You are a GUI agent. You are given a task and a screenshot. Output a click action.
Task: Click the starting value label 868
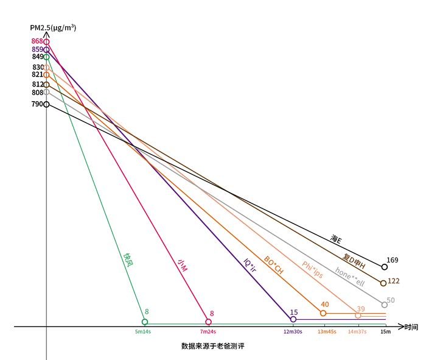click(37, 41)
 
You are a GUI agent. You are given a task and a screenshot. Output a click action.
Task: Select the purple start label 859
click(37, 49)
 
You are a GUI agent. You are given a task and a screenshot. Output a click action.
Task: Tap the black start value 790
click(37, 104)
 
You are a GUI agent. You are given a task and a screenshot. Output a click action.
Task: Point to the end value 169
click(393, 260)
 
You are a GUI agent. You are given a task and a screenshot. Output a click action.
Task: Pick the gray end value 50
click(391, 300)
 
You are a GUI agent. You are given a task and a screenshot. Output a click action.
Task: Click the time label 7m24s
click(208, 332)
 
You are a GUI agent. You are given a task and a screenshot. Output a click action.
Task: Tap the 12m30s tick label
click(293, 332)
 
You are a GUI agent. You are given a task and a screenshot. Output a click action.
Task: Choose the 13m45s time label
click(327, 332)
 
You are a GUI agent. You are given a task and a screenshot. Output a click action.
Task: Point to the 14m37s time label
click(358, 332)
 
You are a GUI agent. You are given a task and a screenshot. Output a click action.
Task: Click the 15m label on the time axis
click(385, 332)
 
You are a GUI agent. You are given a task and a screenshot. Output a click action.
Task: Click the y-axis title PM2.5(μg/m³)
click(53, 28)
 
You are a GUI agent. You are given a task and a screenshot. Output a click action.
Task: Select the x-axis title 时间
click(411, 327)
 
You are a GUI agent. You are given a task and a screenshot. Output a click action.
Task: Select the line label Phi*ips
click(312, 270)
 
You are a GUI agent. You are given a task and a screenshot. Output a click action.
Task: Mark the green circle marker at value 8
click(145, 322)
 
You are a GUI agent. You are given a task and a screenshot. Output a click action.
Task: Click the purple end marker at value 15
click(293, 319)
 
